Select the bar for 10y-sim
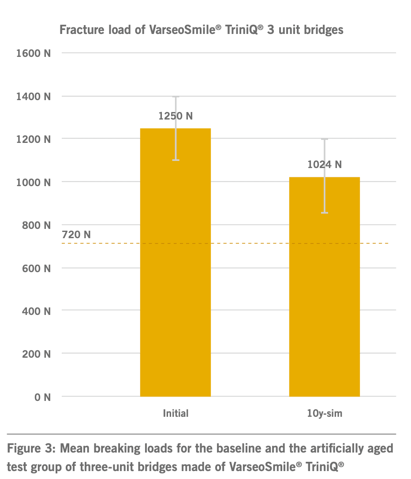click(x=324, y=287)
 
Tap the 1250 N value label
click(x=176, y=116)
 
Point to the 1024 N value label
click(x=325, y=165)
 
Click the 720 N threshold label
click(x=76, y=235)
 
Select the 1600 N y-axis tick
click(x=33, y=53)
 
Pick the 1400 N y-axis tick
click(x=33, y=96)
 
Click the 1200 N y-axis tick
click(x=33, y=139)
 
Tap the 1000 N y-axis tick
click(x=33, y=182)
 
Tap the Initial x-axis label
click(x=176, y=414)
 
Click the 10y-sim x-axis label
click(x=325, y=414)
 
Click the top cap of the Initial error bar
click(x=176, y=97)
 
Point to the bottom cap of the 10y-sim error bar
click(x=325, y=213)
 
